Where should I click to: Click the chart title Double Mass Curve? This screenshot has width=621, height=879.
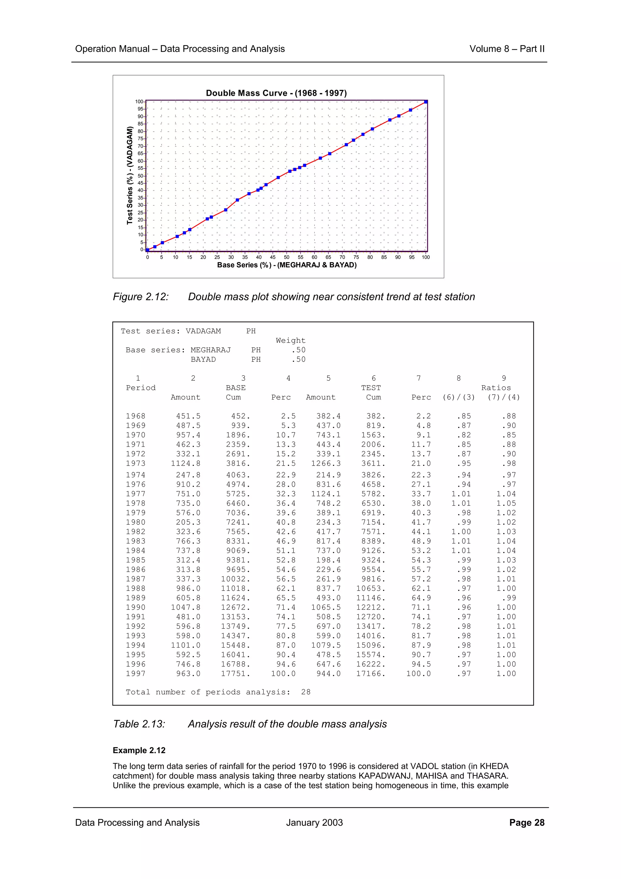276,93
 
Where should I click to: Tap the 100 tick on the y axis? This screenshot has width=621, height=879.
139,102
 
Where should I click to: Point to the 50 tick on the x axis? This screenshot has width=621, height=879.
287,257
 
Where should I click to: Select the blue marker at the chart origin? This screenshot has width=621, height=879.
148,250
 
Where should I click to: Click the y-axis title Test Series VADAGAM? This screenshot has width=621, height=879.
130,175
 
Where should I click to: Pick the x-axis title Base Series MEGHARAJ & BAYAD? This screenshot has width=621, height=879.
287,265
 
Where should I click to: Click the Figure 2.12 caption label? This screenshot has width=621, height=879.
141,297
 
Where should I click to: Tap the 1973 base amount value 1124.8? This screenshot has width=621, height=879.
186,463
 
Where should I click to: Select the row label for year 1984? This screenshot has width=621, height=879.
136,551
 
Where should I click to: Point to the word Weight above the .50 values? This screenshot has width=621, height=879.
290,340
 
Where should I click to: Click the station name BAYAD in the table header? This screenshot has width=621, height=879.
203,359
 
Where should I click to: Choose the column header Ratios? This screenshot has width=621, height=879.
496,388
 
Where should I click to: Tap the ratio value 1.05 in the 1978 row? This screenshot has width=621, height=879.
506,503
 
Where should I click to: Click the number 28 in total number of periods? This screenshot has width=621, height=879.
306,692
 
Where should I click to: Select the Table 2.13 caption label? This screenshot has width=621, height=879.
139,724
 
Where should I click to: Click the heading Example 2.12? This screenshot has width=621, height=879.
139,750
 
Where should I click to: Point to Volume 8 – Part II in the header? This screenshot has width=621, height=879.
507,49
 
